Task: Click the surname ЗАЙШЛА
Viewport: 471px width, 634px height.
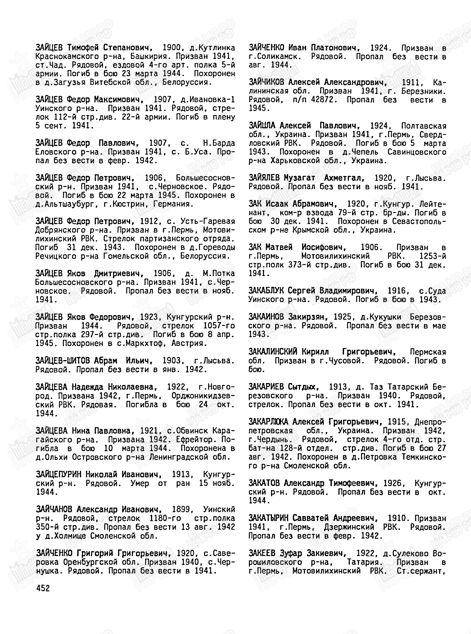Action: tap(262, 126)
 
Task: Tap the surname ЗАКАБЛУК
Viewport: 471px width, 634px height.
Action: tap(266, 291)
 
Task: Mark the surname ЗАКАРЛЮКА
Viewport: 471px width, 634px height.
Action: tap(268, 422)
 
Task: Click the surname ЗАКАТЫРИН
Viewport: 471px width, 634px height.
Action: tap(268, 518)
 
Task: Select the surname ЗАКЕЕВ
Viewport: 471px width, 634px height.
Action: tap(262, 553)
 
